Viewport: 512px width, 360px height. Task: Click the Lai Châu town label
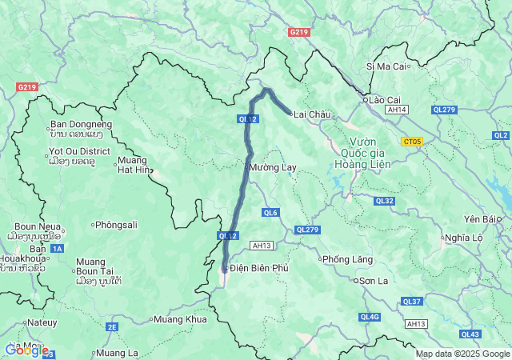click(312, 114)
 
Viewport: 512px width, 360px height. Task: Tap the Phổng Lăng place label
click(346, 259)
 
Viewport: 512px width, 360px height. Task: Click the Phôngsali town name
click(116, 225)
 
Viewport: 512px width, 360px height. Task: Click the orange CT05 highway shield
click(412, 142)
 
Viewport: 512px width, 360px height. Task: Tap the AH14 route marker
click(395, 110)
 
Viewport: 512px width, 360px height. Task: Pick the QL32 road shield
click(384, 201)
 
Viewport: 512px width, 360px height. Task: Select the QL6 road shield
click(270, 212)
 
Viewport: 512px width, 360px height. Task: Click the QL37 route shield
click(412, 301)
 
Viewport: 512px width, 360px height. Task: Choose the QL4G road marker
click(370, 317)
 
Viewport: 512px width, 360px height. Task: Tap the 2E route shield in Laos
click(112, 326)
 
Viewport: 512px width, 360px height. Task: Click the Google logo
click(26, 350)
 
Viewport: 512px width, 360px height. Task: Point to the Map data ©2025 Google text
click(462, 354)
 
